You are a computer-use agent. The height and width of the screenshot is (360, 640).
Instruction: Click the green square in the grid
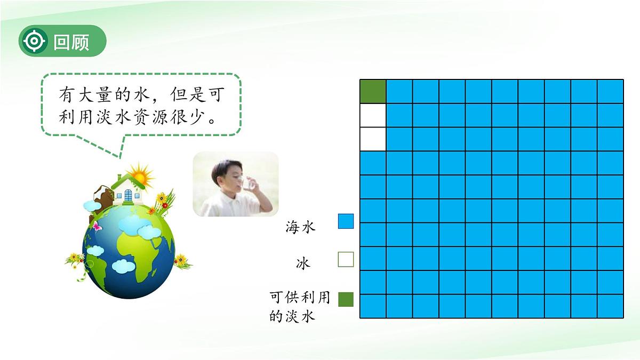(373, 91)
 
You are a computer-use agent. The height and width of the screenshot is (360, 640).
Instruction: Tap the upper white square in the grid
(373, 115)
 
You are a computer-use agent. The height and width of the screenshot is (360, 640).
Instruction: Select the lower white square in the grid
(373, 139)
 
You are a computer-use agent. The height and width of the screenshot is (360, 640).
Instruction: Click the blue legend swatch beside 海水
(346, 221)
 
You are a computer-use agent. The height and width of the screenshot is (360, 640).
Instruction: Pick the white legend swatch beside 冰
(346, 260)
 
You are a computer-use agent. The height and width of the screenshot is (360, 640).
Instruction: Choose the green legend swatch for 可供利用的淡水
(346, 299)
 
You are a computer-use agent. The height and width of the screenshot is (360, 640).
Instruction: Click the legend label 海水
(301, 228)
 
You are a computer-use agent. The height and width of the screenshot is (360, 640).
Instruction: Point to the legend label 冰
(303, 263)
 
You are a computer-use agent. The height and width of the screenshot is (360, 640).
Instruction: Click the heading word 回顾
(71, 42)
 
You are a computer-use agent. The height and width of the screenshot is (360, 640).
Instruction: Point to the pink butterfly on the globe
(97, 226)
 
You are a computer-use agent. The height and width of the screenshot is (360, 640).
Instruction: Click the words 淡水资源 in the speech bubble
(140, 117)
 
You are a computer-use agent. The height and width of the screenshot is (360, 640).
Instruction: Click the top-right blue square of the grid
(610, 91)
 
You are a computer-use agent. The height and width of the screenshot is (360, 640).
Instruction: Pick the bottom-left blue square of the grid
(373, 306)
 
